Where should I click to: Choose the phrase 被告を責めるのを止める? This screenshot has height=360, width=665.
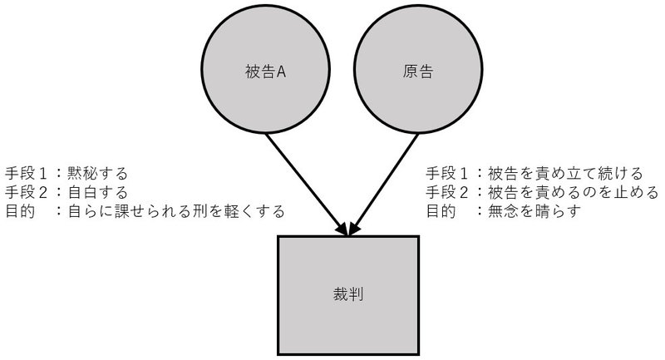(x=574, y=193)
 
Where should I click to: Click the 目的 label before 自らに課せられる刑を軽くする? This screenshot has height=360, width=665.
(x=20, y=212)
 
